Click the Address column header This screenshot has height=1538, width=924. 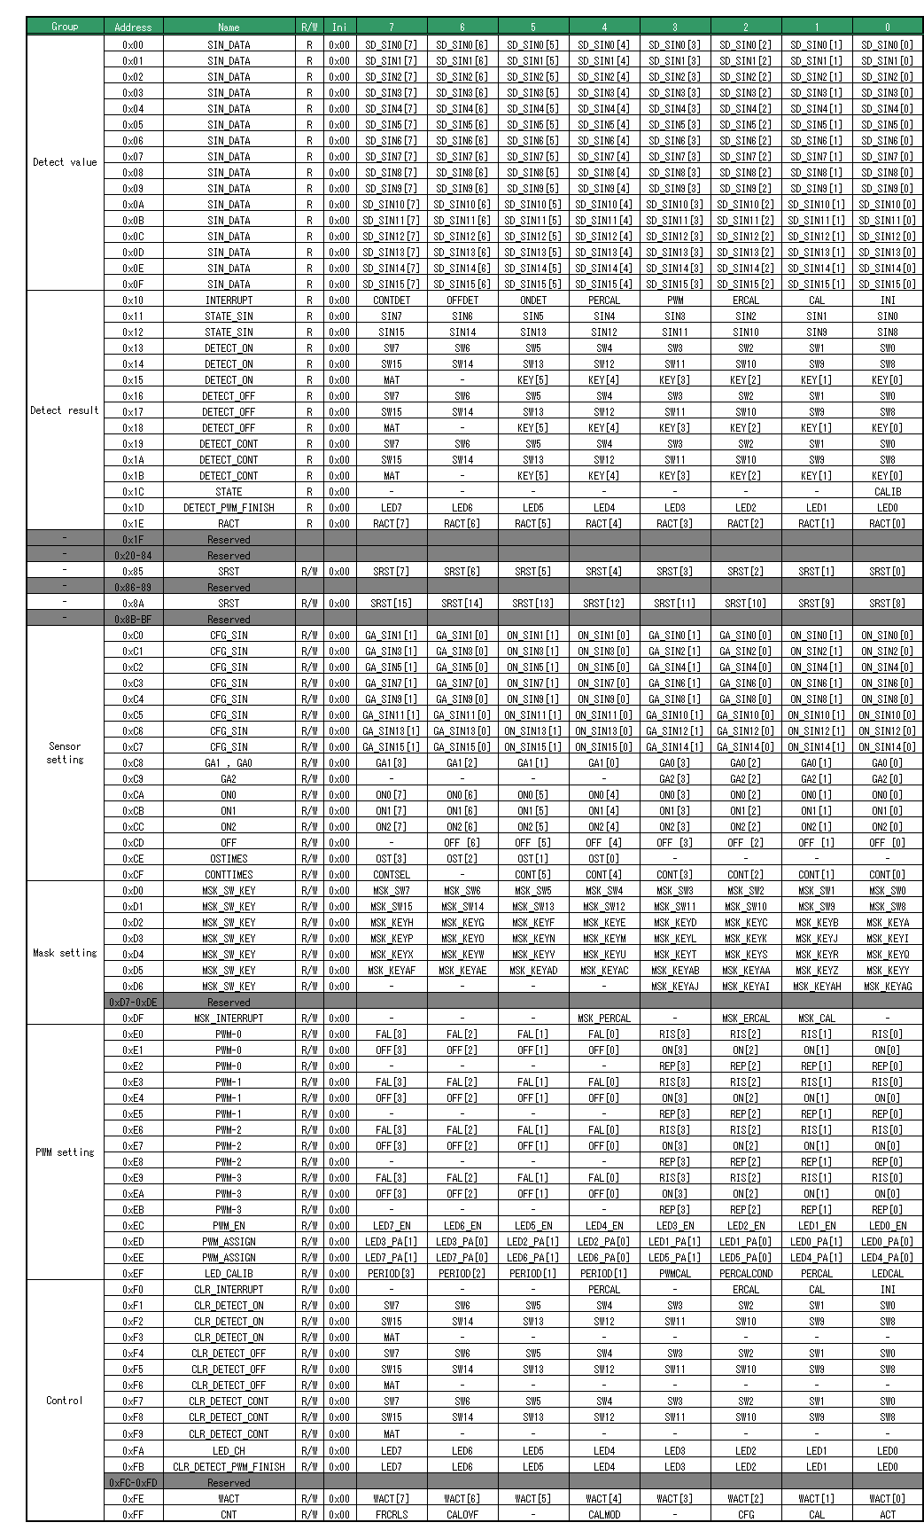click(x=133, y=27)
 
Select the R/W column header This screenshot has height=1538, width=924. click(x=309, y=27)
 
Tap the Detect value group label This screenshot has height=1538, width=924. click(x=65, y=162)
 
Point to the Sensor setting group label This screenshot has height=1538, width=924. click(x=65, y=753)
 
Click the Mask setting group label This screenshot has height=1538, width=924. click(x=65, y=953)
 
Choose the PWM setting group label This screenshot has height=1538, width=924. click(x=65, y=1152)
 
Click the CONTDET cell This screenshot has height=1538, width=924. click(x=392, y=301)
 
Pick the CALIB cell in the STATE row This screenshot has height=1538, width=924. click(x=888, y=492)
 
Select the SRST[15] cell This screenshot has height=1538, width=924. click(x=392, y=604)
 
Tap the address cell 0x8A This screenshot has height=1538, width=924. click(x=133, y=604)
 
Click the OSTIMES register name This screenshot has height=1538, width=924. click(x=229, y=859)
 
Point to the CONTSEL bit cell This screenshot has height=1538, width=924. click(x=392, y=875)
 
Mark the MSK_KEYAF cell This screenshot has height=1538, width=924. click(x=392, y=971)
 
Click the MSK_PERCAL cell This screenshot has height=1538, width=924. click(x=604, y=1019)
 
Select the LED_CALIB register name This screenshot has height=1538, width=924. click(x=229, y=1274)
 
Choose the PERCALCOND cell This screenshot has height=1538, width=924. click(x=746, y=1274)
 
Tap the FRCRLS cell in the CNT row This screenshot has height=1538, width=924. click(x=392, y=1515)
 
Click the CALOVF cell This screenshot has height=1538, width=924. click(x=462, y=1515)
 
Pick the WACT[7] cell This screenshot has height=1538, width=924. click(x=392, y=1499)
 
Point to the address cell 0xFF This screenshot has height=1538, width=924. click(x=133, y=1515)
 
